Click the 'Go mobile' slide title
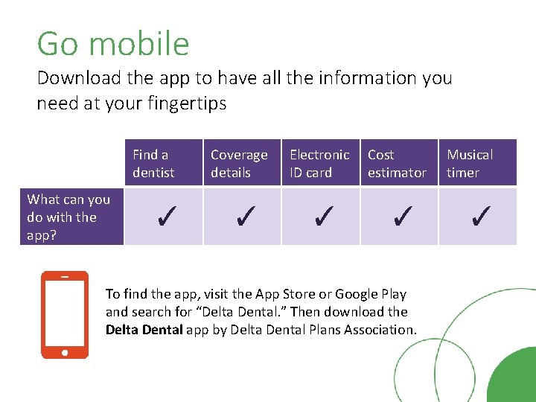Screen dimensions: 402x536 pyautogui.click(x=113, y=44)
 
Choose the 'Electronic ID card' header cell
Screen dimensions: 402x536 pyautogui.click(x=320, y=163)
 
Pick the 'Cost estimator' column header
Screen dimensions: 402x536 pyautogui.click(x=398, y=163)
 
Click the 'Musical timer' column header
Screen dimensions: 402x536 pyautogui.click(x=477, y=163)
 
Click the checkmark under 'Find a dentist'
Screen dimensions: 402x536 pyautogui.click(x=165, y=217)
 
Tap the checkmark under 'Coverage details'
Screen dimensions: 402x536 pyautogui.click(x=243, y=217)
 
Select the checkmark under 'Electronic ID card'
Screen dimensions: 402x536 pyautogui.click(x=322, y=217)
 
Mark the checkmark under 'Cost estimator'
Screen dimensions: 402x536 pyautogui.click(x=401, y=217)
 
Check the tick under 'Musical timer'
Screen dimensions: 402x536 pyautogui.click(x=479, y=217)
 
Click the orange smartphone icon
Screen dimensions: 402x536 pyautogui.click(x=65, y=314)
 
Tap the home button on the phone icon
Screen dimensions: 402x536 pyautogui.click(x=65, y=351)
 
